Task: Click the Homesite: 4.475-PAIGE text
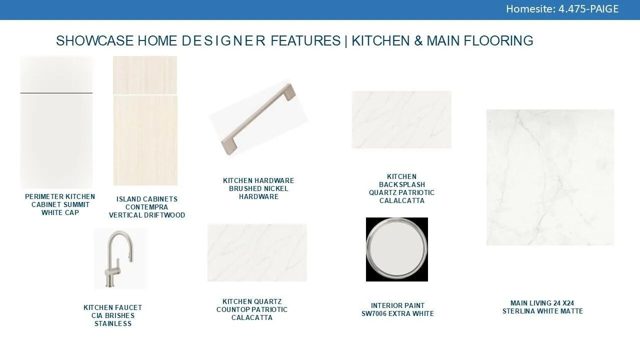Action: point(562,9)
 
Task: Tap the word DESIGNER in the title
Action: point(223,41)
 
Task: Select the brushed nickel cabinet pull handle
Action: point(258,119)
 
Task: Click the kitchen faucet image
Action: point(120,258)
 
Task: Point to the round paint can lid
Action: point(397,249)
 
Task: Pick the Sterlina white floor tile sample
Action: point(550,177)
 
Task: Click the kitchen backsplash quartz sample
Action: point(401,119)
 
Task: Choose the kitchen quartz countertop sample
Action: point(257,252)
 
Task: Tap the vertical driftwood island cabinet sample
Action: point(145,120)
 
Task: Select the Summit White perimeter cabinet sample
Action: point(56,122)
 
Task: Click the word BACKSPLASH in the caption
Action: point(402,184)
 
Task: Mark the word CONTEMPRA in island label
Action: point(146,207)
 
